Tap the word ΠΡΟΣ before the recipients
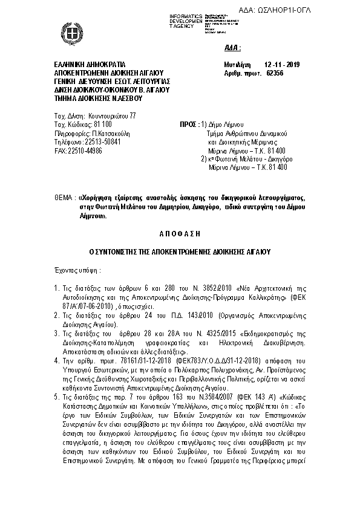189,124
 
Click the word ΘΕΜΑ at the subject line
64,198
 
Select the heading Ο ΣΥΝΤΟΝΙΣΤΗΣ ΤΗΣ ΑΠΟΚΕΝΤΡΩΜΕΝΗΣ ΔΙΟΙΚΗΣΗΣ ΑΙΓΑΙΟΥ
180,250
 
